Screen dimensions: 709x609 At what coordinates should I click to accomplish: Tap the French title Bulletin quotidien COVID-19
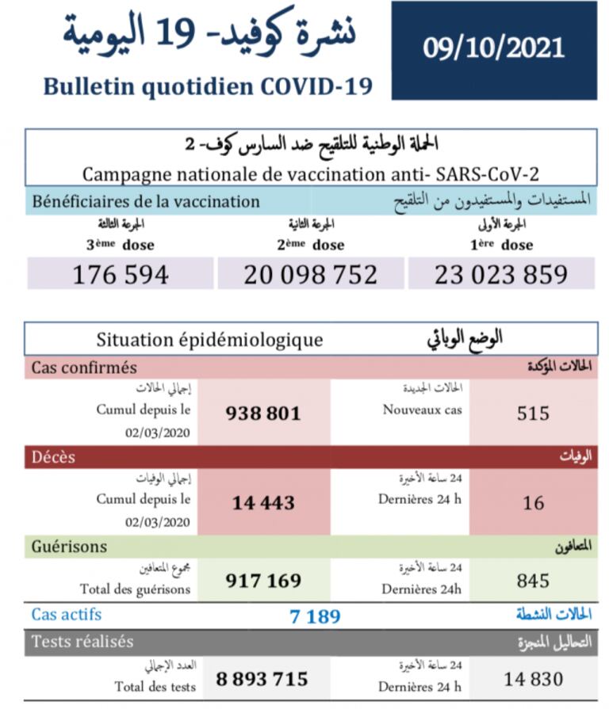(208, 86)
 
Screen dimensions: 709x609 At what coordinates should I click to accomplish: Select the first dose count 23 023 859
(500, 274)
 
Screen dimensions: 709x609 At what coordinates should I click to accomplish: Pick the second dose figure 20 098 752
(311, 274)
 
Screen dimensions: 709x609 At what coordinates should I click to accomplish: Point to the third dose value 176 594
(121, 274)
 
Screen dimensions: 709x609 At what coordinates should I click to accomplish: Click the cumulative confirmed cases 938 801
(263, 413)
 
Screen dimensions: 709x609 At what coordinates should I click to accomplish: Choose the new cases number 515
(532, 413)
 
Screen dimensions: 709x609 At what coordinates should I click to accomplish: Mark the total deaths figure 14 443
(263, 502)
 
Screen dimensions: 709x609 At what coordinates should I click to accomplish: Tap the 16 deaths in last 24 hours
(532, 502)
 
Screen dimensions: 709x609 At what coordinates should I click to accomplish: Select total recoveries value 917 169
(263, 581)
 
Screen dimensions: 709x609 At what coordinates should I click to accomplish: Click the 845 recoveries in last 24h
(532, 581)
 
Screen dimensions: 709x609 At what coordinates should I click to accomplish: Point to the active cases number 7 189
(316, 616)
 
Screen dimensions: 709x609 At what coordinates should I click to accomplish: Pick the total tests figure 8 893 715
(262, 679)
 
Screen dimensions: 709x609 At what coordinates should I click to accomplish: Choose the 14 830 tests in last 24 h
(533, 679)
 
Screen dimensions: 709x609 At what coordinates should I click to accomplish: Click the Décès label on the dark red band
(54, 457)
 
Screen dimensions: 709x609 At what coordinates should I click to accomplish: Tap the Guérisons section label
(69, 547)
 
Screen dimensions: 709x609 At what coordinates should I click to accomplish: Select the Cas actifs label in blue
(67, 614)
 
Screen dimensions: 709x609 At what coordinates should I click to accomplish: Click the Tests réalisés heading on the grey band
(82, 642)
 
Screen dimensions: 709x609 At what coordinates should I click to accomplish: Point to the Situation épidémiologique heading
(209, 340)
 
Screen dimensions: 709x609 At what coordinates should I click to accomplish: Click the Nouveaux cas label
(422, 410)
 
